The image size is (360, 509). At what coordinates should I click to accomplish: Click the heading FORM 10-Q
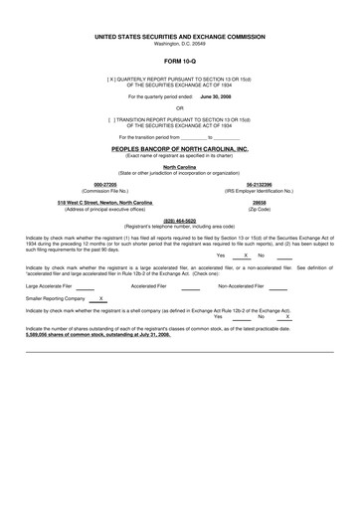(179, 62)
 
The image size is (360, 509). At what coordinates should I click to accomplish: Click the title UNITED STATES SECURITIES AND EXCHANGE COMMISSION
(179, 35)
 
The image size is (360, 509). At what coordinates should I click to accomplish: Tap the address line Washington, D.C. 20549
(179, 43)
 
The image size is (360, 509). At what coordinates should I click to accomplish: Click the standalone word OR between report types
(179, 107)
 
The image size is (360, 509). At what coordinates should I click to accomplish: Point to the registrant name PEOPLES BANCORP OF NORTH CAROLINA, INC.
(179, 148)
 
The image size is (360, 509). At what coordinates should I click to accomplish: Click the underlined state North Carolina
(179, 167)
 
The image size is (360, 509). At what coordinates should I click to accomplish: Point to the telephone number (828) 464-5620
(179, 221)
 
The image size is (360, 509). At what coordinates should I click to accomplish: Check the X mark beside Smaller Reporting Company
(100, 297)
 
